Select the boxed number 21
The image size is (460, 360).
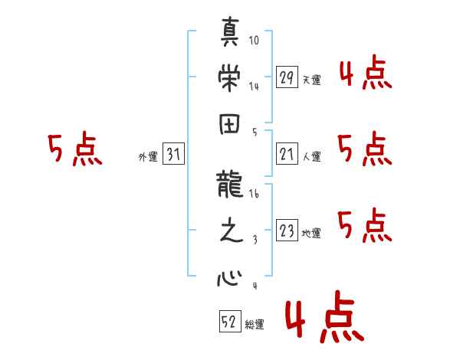pyautogui.click(x=287, y=155)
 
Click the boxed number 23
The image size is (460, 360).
pyautogui.click(x=287, y=231)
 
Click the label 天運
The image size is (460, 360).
pyautogui.click(x=311, y=80)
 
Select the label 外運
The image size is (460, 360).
pyautogui.click(x=147, y=158)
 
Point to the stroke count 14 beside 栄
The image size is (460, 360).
pyautogui.click(x=255, y=86)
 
